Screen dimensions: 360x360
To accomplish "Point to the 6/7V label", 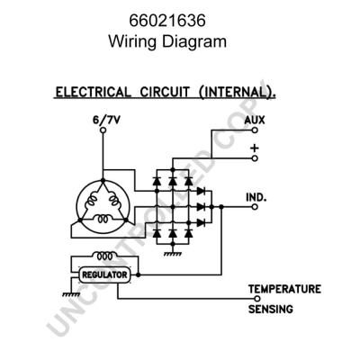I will [x=103, y=119].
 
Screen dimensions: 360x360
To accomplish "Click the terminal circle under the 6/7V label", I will [x=103, y=130].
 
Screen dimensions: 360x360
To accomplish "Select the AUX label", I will [x=255, y=119].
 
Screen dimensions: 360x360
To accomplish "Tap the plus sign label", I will [x=255, y=147].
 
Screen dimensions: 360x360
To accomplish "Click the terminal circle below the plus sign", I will [x=256, y=158].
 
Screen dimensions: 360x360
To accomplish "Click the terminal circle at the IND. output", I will [x=256, y=206].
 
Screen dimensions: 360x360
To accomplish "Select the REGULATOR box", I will [x=105, y=274].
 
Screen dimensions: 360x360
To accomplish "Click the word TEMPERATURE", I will [x=284, y=289].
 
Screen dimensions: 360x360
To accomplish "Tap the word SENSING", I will [x=270, y=309].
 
